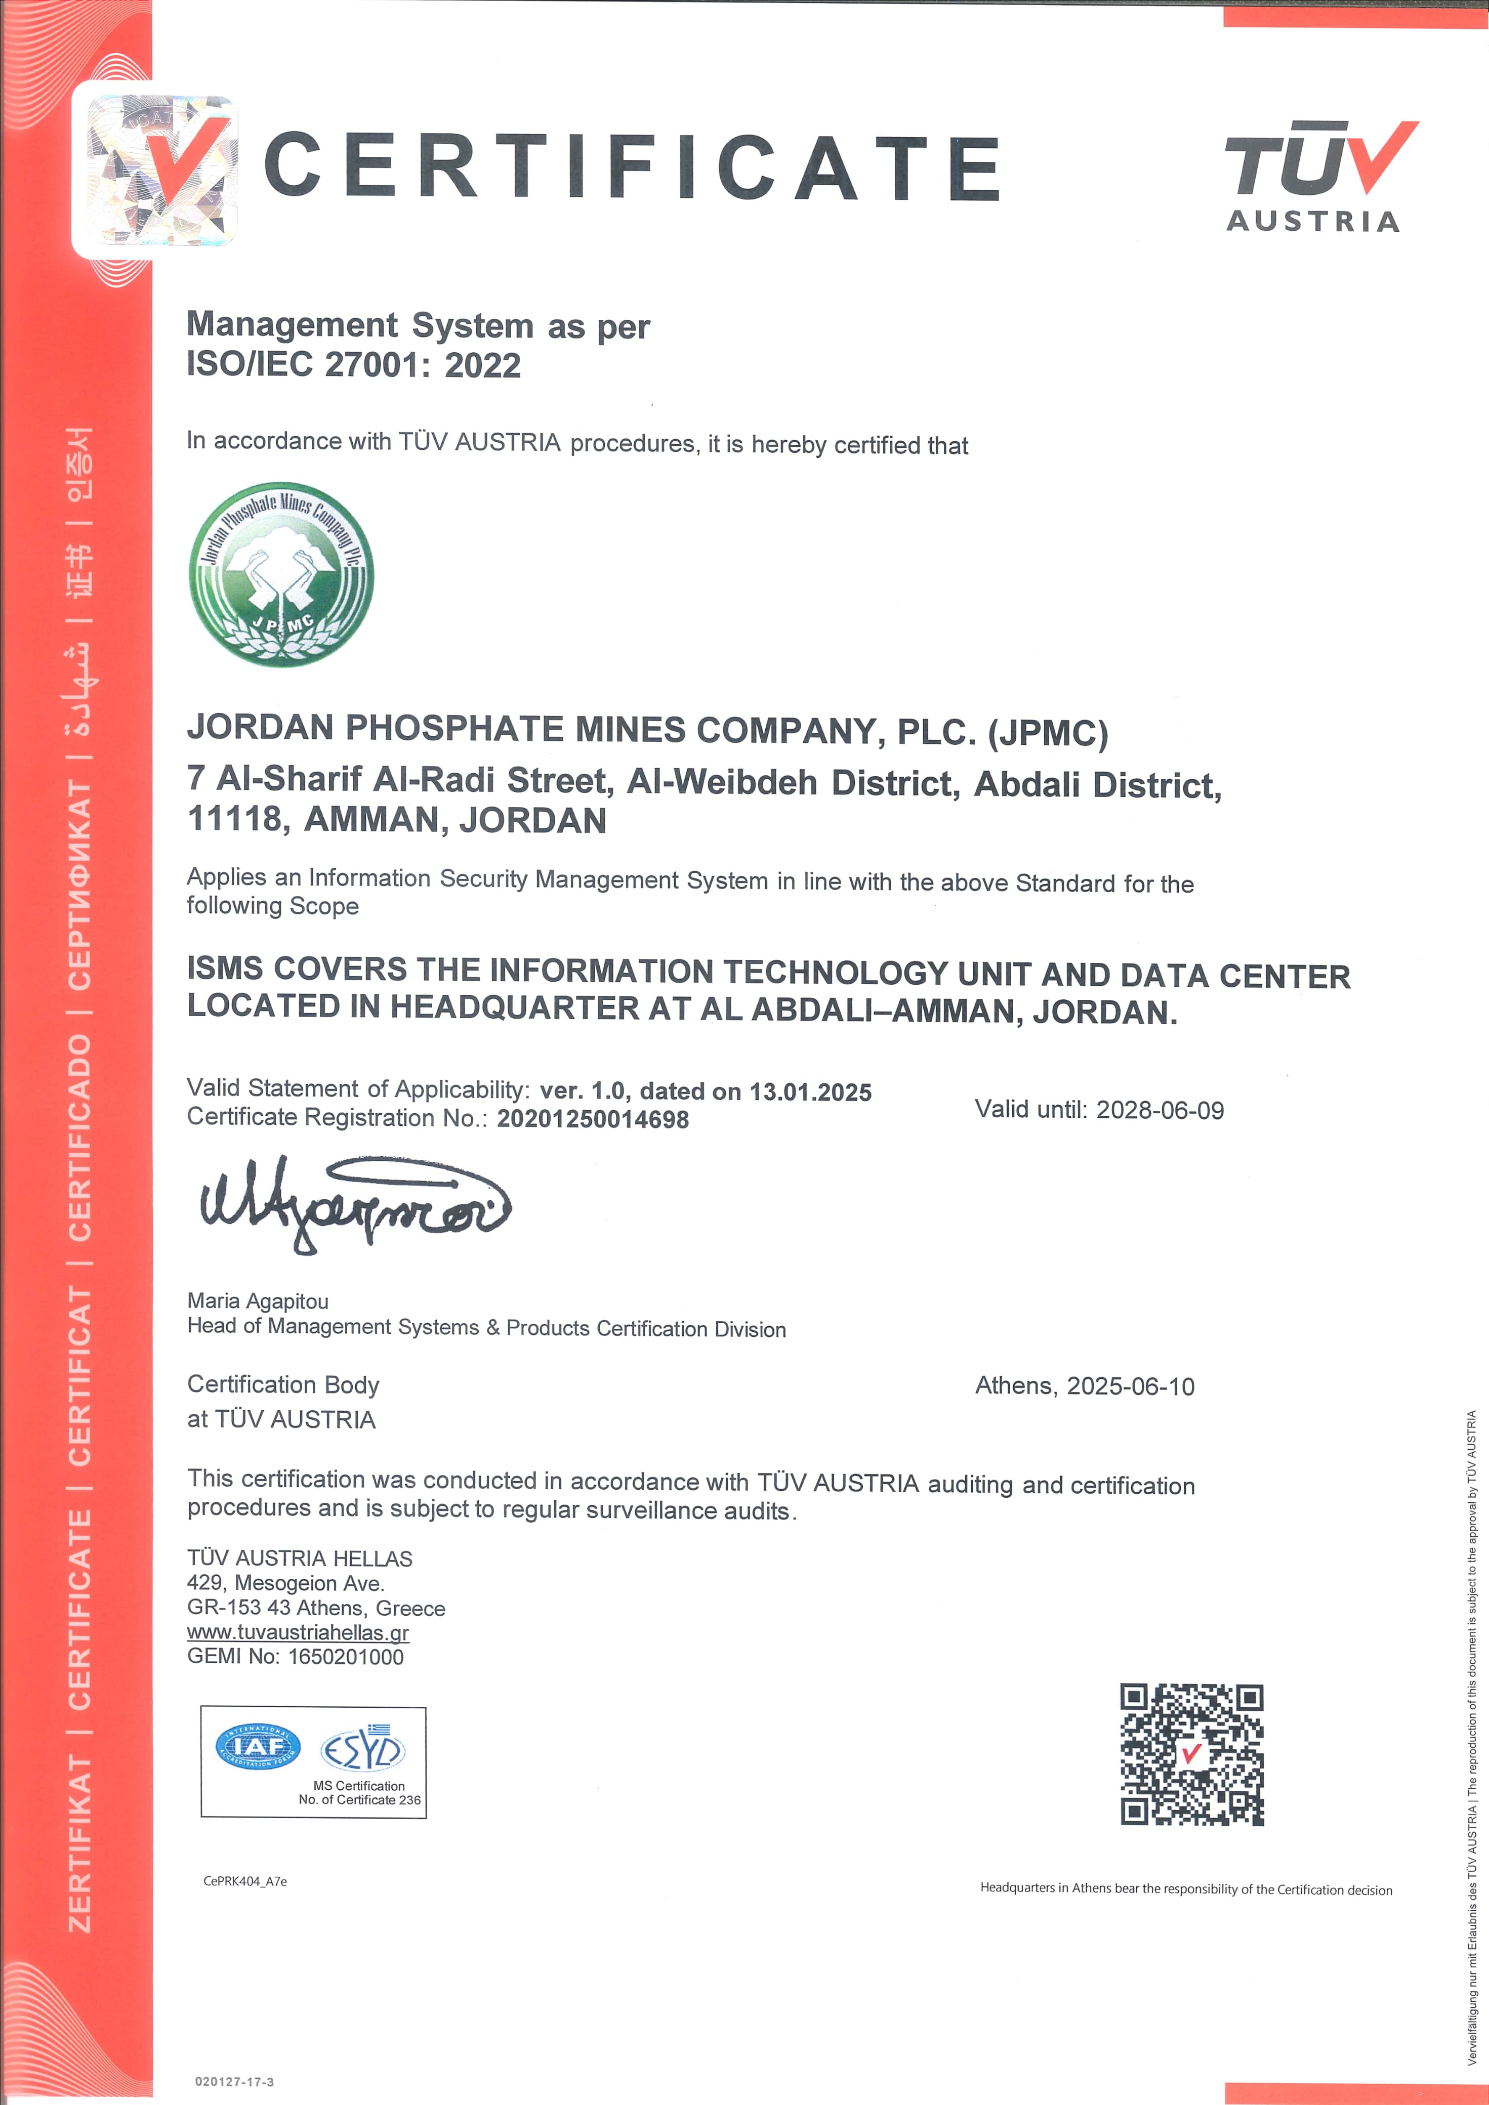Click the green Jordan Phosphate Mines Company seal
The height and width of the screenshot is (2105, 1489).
[x=281, y=575]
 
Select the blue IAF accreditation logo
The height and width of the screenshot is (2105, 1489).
[x=258, y=1747]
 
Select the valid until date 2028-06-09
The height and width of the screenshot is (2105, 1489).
[x=1160, y=1110]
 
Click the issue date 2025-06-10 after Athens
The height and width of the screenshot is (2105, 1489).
[x=1131, y=1386]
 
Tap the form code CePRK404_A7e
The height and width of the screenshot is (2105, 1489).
[x=245, y=1881]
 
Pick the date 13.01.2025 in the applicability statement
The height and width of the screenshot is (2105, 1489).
[x=810, y=1092]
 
